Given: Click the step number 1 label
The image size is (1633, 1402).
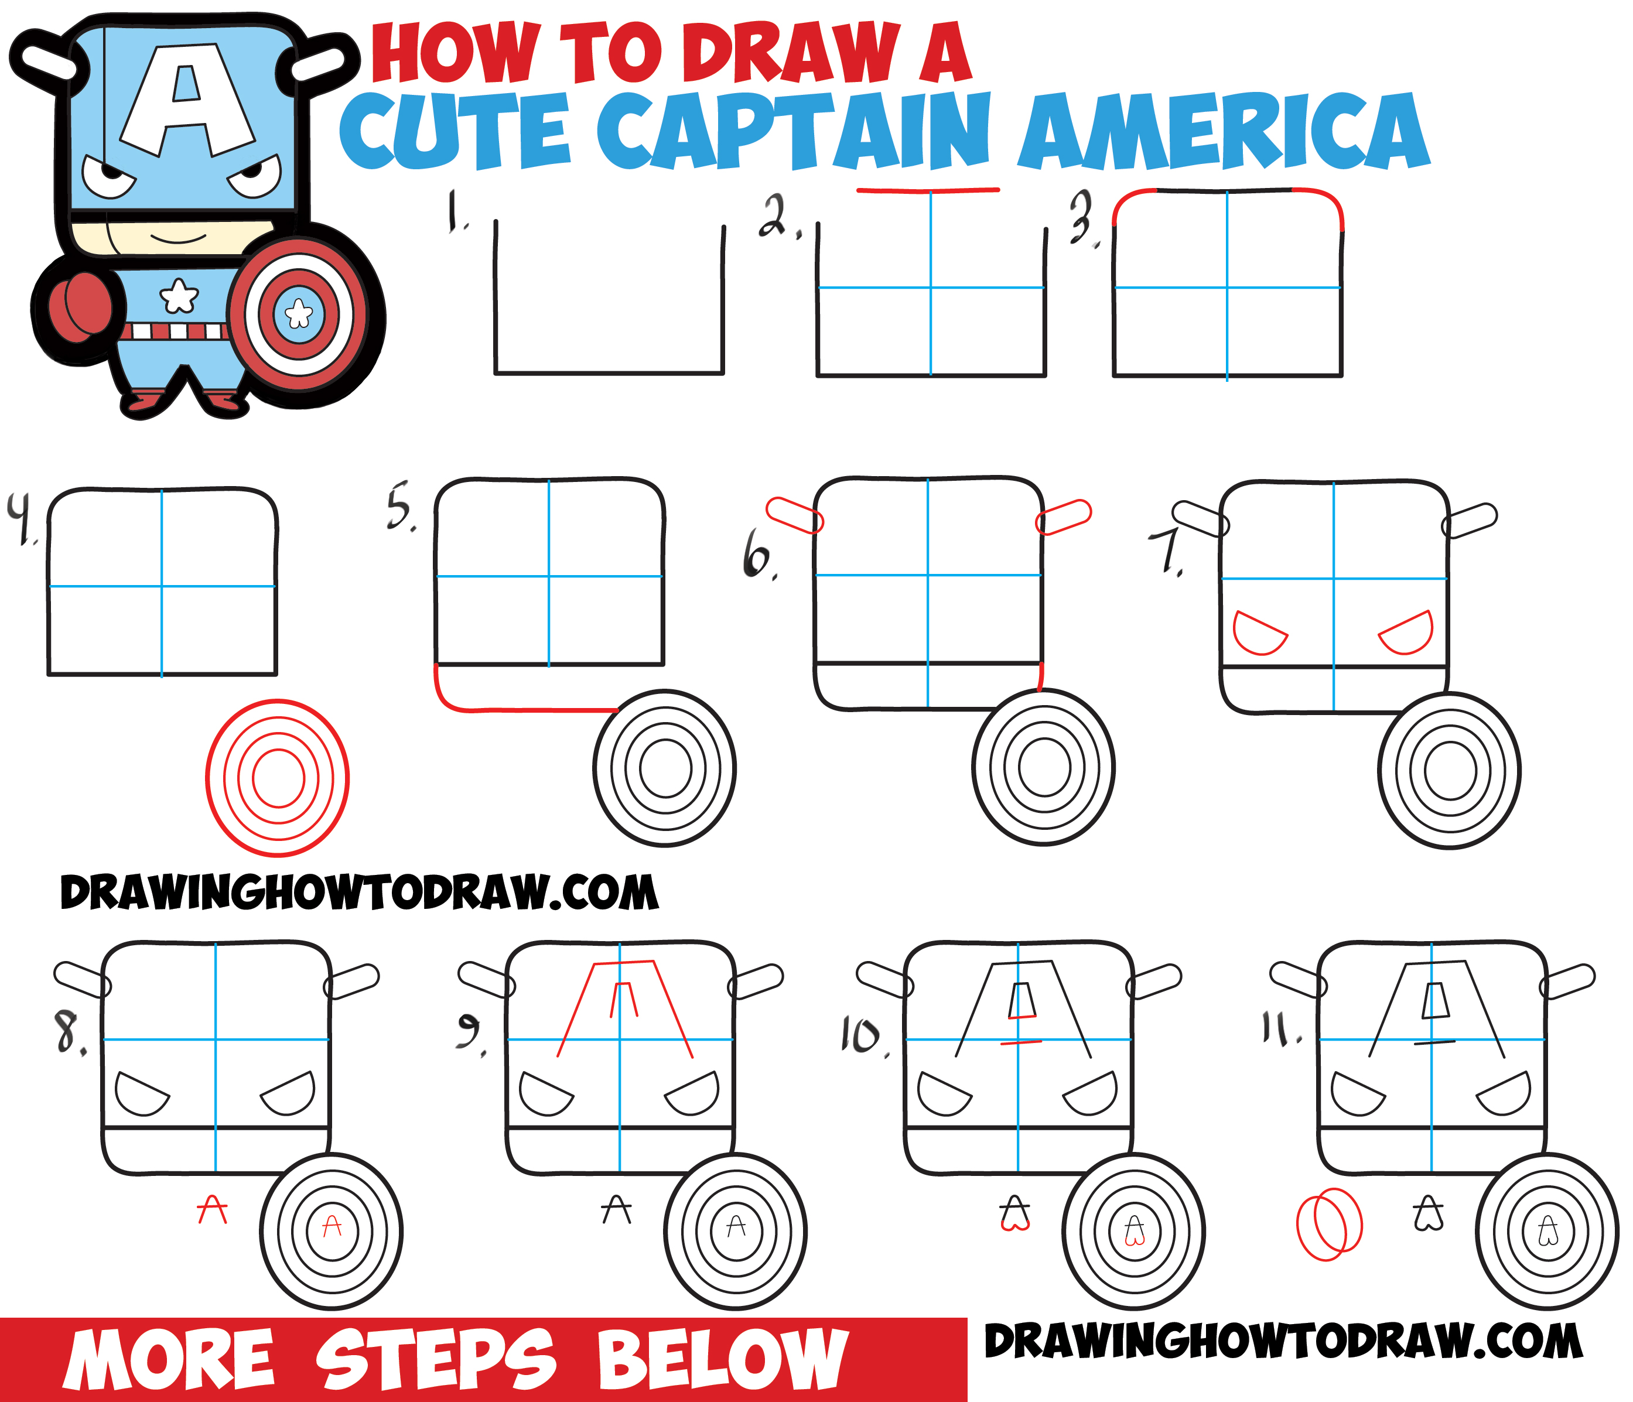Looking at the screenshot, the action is [456, 211].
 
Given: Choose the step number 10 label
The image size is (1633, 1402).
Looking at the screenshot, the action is [863, 1035].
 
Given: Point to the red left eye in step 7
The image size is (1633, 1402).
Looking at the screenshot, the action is [1259, 633].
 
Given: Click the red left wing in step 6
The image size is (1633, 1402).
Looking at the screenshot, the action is [794, 515].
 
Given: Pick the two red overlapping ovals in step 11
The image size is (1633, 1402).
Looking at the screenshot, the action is [1329, 1224].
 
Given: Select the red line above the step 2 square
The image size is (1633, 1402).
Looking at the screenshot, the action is [928, 190].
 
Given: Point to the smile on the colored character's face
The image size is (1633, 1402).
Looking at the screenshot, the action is [178, 237].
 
